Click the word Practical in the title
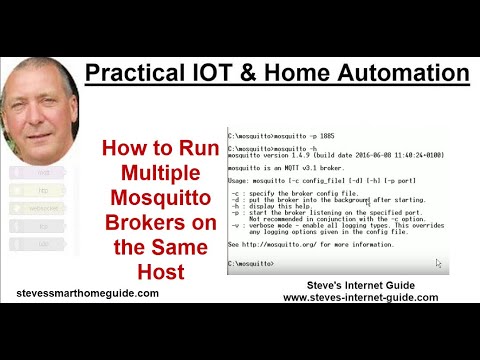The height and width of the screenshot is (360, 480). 134,73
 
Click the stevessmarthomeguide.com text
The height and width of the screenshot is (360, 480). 88,293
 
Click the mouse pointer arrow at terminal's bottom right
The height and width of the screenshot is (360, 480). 438,263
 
